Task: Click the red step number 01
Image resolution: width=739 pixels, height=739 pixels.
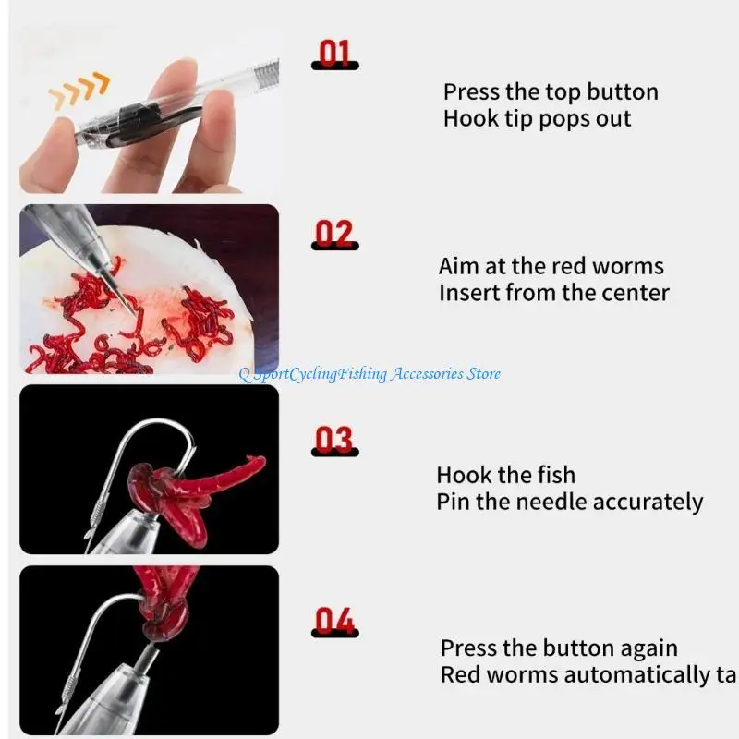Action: click(x=334, y=53)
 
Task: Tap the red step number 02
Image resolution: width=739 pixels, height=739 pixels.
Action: click(x=334, y=235)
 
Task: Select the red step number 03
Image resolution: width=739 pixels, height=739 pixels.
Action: click(x=334, y=440)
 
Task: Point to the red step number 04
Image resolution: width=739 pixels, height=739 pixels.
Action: click(x=334, y=621)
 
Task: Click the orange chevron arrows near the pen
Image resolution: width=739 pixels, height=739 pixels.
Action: click(x=79, y=91)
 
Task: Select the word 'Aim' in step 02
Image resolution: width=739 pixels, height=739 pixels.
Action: click(x=458, y=266)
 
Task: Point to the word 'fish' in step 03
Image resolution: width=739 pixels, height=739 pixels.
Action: click(x=556, y=475)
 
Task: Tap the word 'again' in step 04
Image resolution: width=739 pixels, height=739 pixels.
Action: click(x=649, y=648)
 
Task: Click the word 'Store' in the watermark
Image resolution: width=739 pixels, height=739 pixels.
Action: click(x=484, y=373)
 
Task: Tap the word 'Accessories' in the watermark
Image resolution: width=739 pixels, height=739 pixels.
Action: click(x=425, y=373)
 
